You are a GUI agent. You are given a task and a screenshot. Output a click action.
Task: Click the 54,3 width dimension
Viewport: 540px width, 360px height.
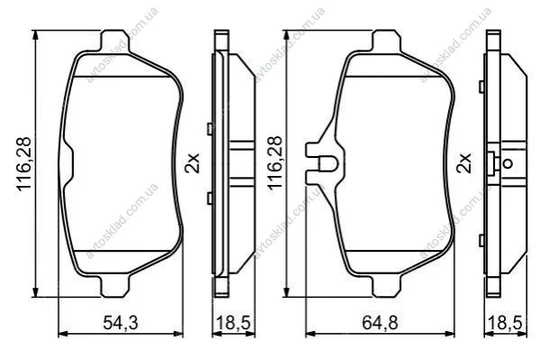point(121,323)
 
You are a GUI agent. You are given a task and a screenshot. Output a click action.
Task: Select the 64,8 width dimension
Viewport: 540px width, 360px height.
point(380,323)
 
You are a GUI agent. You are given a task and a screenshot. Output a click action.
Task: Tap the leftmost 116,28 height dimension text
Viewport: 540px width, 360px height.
point(24,164)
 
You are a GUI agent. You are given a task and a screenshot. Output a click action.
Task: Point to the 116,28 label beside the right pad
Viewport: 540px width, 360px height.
point(275,163)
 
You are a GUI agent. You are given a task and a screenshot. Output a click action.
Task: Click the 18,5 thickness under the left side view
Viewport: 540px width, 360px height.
point(233,323)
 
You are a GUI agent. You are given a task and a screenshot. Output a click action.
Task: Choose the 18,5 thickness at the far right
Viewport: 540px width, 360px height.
point(505,323)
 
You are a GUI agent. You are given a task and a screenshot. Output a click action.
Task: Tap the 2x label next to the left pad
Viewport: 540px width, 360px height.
point(192,163)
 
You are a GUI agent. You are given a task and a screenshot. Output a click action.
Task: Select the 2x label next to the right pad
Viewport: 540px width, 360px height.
point(463,163)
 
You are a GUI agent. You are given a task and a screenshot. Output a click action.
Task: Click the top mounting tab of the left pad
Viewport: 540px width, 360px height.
point(115,42)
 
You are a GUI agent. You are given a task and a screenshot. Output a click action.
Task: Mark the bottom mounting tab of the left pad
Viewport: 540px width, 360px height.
point(115,286)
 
